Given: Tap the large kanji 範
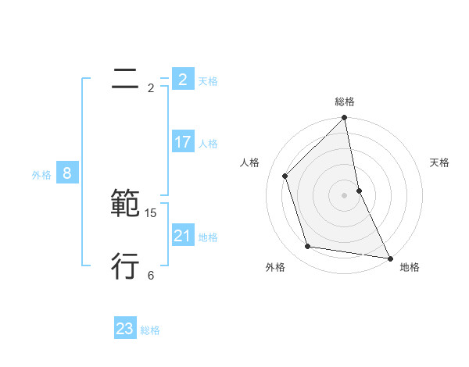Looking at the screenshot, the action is tap(125, 204).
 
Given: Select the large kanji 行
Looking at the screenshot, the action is tap(125, 266).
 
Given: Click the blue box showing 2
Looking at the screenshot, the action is tap(182, 80).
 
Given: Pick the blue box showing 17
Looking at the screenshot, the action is tap(182, 142).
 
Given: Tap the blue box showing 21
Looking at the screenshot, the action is tap(182, 236).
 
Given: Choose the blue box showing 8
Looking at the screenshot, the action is tap(67, 173).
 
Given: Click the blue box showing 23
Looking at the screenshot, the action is tap(125, 329).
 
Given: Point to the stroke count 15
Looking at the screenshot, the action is tap(151, 212).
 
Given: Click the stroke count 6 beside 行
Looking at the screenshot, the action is tap(151, 275).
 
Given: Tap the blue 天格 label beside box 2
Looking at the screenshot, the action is tap(208, 81).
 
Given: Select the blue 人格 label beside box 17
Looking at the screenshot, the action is tap(208, 144).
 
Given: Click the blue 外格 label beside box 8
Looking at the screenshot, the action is tap(41, 175).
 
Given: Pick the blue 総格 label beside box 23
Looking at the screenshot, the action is tap(150, 330).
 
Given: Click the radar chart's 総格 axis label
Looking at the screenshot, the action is tap(345, 102).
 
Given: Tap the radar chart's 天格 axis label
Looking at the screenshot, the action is tap(440, 162).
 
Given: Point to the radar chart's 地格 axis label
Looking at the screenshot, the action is tap(410, 267).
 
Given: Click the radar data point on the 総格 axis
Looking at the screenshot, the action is tap(345, 119).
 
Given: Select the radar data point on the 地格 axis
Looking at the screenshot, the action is tap(389, 258).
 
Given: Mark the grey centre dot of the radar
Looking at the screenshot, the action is tap(345, 194).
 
